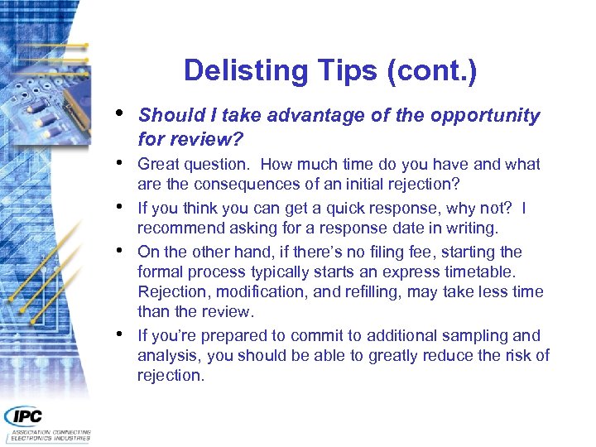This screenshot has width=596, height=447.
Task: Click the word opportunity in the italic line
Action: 484,116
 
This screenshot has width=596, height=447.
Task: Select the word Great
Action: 157,165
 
